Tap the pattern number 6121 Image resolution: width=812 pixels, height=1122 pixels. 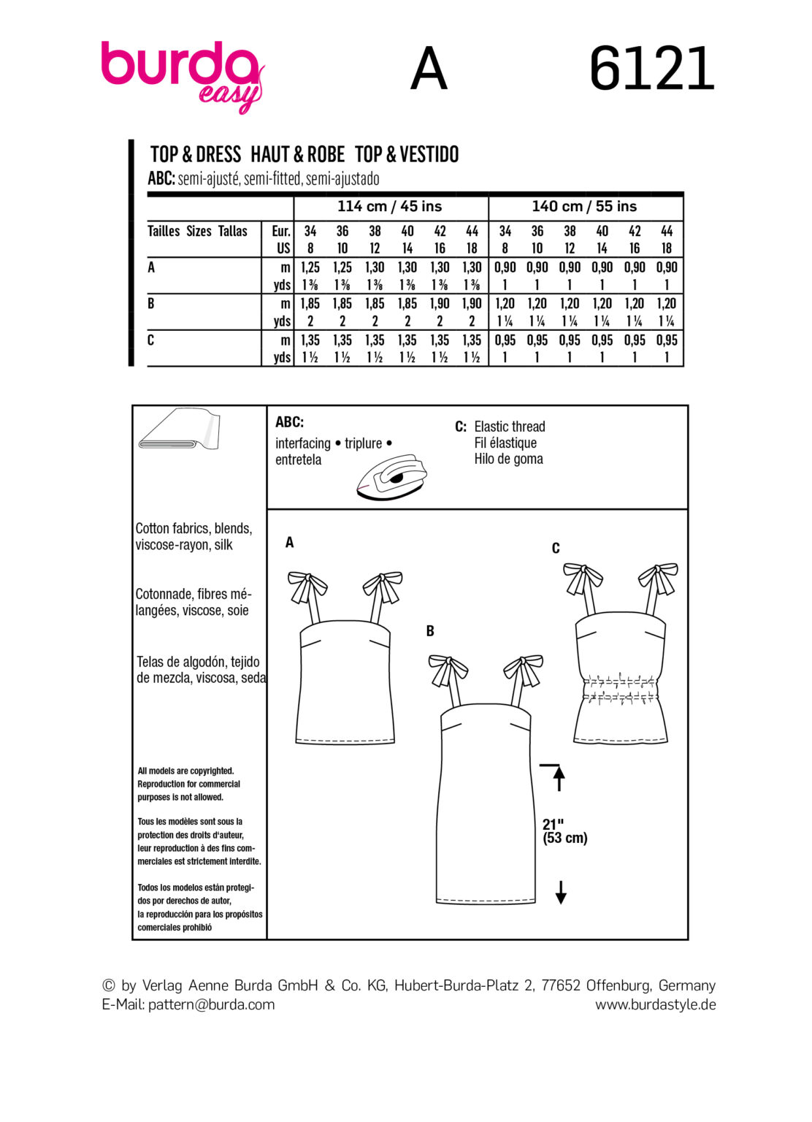[x=651, y=69]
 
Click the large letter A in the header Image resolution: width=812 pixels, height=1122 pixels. [x=428, y=69]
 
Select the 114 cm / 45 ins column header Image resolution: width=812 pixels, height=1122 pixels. [x=389, y=207]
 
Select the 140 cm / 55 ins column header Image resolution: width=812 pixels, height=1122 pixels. [x=584, y=207]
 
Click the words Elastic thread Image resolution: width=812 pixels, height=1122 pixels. [x=509, y=427]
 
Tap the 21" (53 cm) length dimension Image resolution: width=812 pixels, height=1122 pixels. [x=564, y=831]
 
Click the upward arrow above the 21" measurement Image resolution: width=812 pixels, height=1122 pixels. [x=559, y=777]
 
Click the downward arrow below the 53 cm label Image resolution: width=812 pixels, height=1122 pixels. [x=560, y=892]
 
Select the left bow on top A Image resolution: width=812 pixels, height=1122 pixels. [x=307, y=587]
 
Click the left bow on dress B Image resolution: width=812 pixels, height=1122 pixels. [x=448, y=669]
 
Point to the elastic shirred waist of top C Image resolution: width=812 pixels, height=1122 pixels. [x=619, y=690]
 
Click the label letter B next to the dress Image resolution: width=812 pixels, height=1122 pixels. [x=430, y=631]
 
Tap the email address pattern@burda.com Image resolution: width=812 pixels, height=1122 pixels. [x=211, y=1004]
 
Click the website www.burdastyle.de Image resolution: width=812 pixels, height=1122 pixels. [x=655, y=1004]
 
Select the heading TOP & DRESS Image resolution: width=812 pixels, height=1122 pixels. [x=196, y=155]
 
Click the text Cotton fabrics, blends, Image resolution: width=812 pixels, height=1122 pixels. [x=194, y=528]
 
